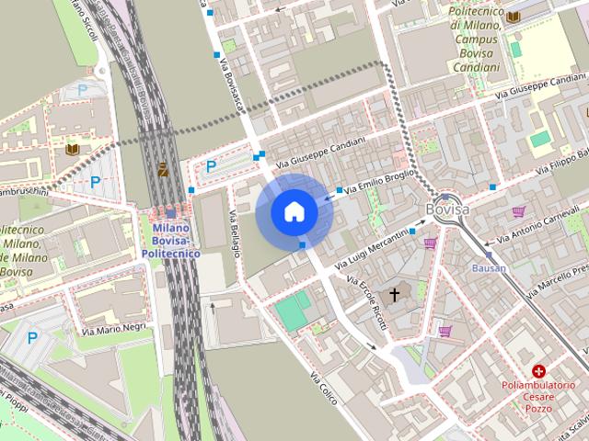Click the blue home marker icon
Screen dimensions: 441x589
click(x=294, y=211)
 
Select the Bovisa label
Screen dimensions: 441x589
click(x=447, y=210)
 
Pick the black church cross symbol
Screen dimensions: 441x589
click(x=396, y=294)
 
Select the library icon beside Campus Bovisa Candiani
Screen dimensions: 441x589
click(x=513, y=17)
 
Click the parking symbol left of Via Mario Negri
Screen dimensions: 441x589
click(x=32, y=338)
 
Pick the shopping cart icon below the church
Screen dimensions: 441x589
click(x=445, y=331)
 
